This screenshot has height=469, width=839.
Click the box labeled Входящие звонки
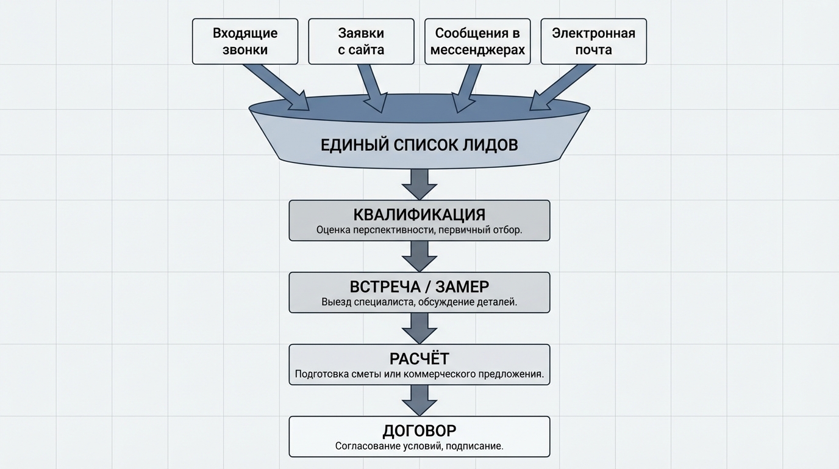(245, 42)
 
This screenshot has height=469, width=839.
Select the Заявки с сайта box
(361, 42)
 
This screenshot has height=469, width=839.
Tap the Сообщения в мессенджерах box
(477, 42)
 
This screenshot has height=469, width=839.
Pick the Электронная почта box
(593, 42)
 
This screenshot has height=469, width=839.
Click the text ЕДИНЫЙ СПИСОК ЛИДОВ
(419, 145)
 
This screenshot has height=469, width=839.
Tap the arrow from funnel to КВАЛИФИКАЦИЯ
(419, 183)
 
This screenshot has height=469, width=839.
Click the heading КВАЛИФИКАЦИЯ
(419, 215)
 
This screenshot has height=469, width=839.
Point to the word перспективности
(390, 230)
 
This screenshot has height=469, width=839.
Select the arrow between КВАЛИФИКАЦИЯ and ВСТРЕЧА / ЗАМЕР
(419, 255)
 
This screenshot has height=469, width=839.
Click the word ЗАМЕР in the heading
(462, 287)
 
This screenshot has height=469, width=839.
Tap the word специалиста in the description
(382, 302)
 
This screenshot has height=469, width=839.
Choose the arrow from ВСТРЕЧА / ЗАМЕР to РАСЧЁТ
(419, 327)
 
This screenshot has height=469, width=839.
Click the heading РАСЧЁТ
(419, 358)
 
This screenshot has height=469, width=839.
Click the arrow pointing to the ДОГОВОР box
(419, 399)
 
